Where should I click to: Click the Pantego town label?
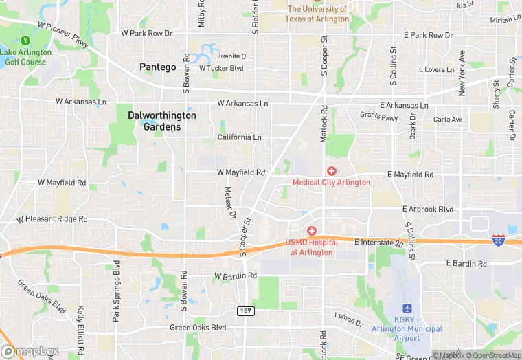click(157, 67)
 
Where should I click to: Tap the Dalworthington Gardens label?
click(162, 121)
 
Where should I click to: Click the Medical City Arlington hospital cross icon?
click(332, 171)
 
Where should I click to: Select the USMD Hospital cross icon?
click(311, 231)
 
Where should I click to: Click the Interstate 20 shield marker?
click(499, 240)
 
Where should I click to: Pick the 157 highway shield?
click(246, 311)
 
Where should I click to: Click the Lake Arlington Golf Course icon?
click(26, 41)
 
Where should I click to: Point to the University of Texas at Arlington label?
click(317, 14)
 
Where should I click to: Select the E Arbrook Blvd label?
click(427, 209)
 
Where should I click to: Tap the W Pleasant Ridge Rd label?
click(52, 219)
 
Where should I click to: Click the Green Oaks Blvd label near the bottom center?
click(198, 328)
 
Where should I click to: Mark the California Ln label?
click(239, 137)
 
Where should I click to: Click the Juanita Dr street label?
click(233, 56)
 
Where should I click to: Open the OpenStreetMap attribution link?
click(492, 355)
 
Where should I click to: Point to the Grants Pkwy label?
click(378, 118)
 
